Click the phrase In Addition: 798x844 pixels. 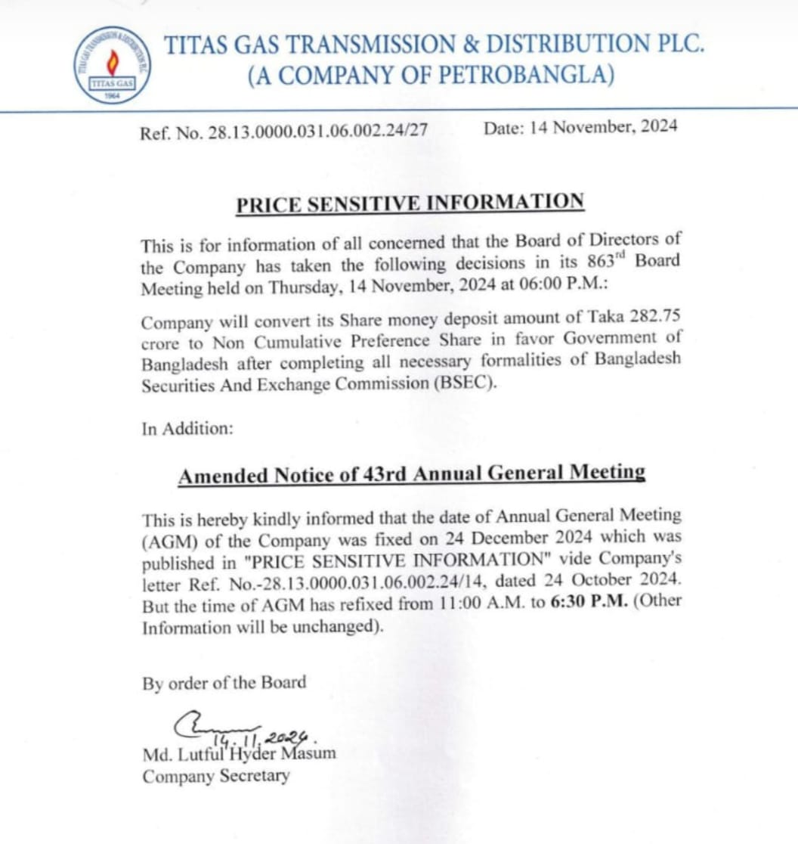click(x=187, y=428)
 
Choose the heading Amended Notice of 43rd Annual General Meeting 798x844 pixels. click(x=411, y=475)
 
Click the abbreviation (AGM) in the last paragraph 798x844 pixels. click(x=167, y=542)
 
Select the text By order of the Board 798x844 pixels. click(x=224, y=682)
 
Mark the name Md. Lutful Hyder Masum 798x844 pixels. click(x=239, y=753)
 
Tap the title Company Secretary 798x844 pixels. click(x=215, y=776)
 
